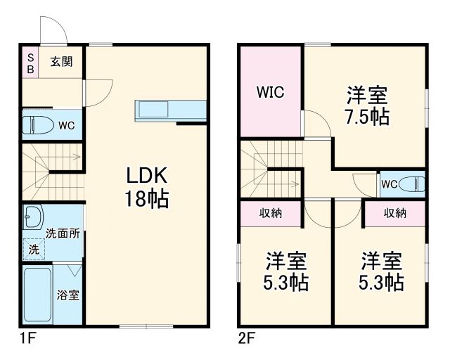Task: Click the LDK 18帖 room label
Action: click(x=147, y=187)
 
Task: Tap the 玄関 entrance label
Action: click(x=61, y=60)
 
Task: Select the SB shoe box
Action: click(x=30, y=63)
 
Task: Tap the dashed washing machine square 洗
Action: click(x=34, y=248)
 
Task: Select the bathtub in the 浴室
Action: click(x=37, y=295)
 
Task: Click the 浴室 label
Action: click(x=68, y=295)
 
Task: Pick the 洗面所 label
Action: click(x=62, y=233)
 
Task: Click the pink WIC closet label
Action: click(x=270, y=93)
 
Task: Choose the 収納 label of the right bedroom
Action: click(x=394, y=213)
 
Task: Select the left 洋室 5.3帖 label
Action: click(x=285, y=271)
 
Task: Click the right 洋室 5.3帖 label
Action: click(x=382, y=271)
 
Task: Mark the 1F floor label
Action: click(x=27, y=339)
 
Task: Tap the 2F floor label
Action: click(x=246, y=339)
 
